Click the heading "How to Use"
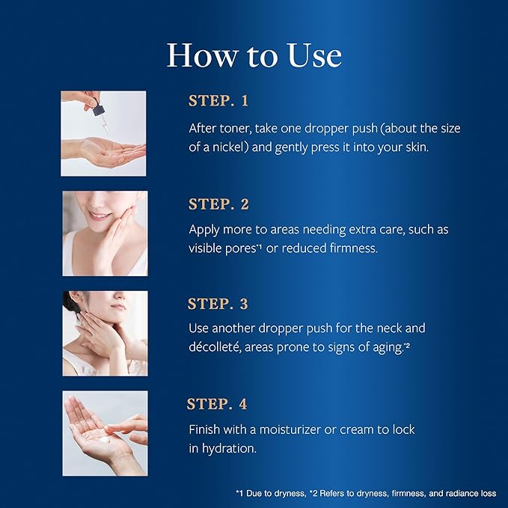coord(254,55)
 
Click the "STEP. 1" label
coord(218,101)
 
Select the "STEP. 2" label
coord(218,203)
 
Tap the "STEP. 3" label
coord(218,304)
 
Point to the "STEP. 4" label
coord(217,405)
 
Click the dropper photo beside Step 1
coord(104,133)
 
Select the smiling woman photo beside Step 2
coord(104,233)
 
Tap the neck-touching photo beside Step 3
coord(104,333)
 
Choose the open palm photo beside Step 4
coord(104,433)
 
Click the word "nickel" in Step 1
coord(232,147)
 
